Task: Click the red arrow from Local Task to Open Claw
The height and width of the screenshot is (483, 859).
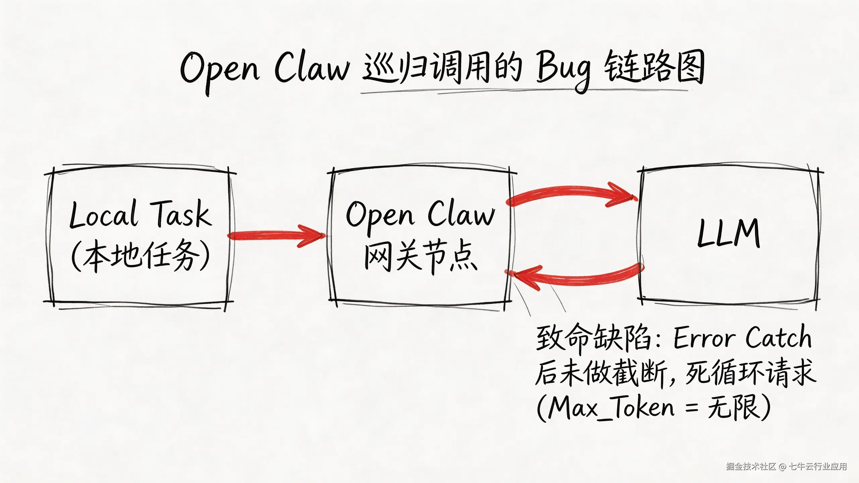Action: point(275,235)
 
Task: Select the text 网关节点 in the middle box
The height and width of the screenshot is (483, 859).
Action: point(421,257)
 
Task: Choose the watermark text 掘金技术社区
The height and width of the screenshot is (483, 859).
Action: point(751,467)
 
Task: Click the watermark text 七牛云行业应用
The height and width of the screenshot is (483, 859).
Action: point(817,467)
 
